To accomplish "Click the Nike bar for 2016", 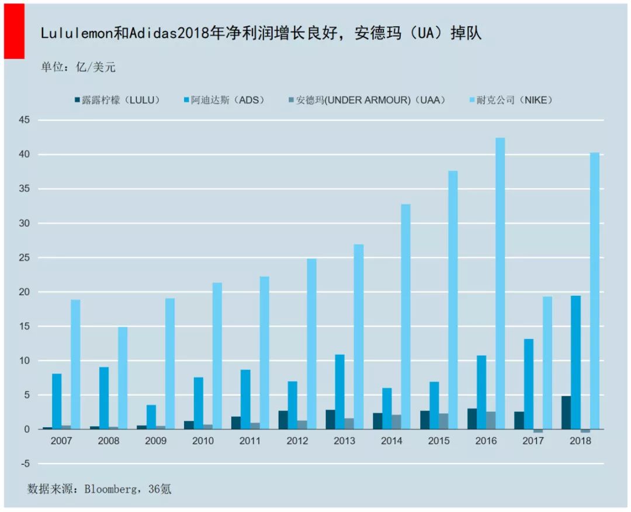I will click(500, 283).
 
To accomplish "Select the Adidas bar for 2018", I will click(576, 362).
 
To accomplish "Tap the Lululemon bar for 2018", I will click(566, 413).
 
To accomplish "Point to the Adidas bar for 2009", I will click(151, 417).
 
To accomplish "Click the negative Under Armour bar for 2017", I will click(538, 431).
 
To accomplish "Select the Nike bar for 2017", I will click(547, 363).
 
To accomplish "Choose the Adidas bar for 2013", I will click(340, 392).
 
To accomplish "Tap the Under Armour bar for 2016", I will click(491, 420).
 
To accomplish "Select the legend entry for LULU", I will click(117, 100).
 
